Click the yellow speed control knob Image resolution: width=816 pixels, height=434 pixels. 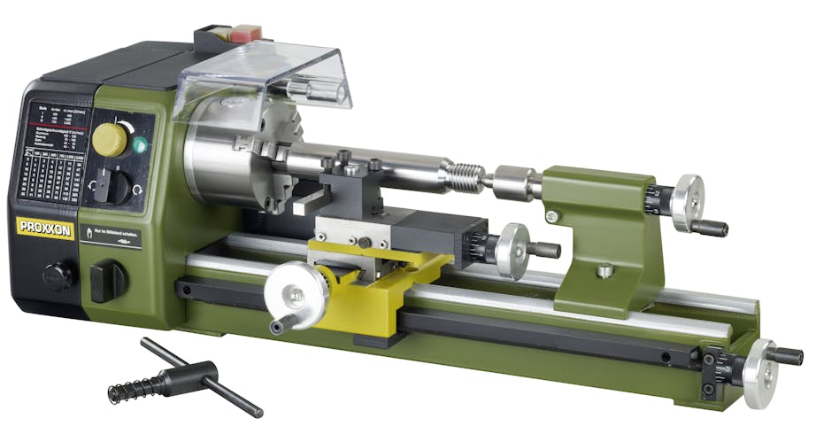(x=110, y=139)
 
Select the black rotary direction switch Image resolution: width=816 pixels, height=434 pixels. (x=104, y=183)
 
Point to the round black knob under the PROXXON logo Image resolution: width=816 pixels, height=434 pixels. (x=58, y=275)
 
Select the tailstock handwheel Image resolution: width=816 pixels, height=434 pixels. (x=687, y=202)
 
